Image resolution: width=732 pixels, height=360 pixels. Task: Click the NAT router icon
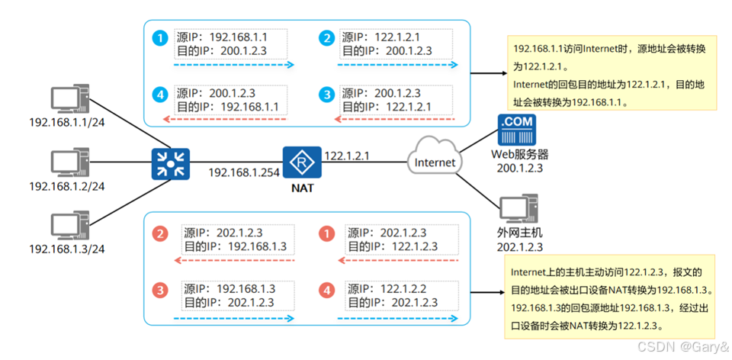(x=303, y=161)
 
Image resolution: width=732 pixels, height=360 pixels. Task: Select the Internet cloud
(x=434, y=161)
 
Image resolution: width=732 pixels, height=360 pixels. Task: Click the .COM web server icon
(x=516, y=130)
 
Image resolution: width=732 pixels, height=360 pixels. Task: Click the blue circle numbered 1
(x=159, y=37)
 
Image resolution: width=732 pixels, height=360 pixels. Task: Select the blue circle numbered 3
(x=327, y=95)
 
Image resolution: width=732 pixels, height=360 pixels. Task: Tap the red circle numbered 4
(x=327, y=291)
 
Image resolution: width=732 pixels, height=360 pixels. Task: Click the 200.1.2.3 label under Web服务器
(x=518, y=167)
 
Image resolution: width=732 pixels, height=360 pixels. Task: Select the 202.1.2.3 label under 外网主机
(x=518, y=246)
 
